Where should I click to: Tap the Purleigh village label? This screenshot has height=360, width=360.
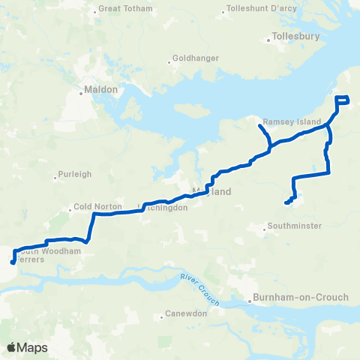(75, 174)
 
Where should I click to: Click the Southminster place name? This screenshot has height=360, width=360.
(298, 226)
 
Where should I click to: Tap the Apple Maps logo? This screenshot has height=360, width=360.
(27, 347)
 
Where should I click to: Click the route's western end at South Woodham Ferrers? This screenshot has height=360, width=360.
(12, 262)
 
